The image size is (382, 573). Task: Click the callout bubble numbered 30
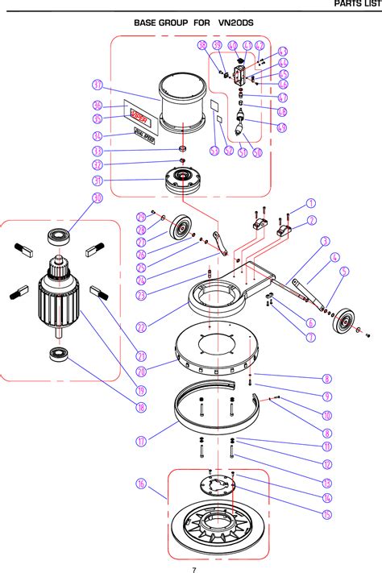[x=97, y=198]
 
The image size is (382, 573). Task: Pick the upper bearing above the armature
[x=59, y=238]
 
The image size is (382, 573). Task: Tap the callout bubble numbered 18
[x=141, y=409]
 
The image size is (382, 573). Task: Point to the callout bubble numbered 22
[x=140, y=327]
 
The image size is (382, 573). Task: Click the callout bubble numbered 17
[x=141, y=441]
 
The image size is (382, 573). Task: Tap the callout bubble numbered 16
[x=141, y=484]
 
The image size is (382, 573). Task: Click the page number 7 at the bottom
[x=193, y=570]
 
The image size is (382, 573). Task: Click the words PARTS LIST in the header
[x=356, y=5]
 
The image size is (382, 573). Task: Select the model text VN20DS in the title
[x=235, y=23]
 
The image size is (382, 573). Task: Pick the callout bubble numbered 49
[x=282, y=127]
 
